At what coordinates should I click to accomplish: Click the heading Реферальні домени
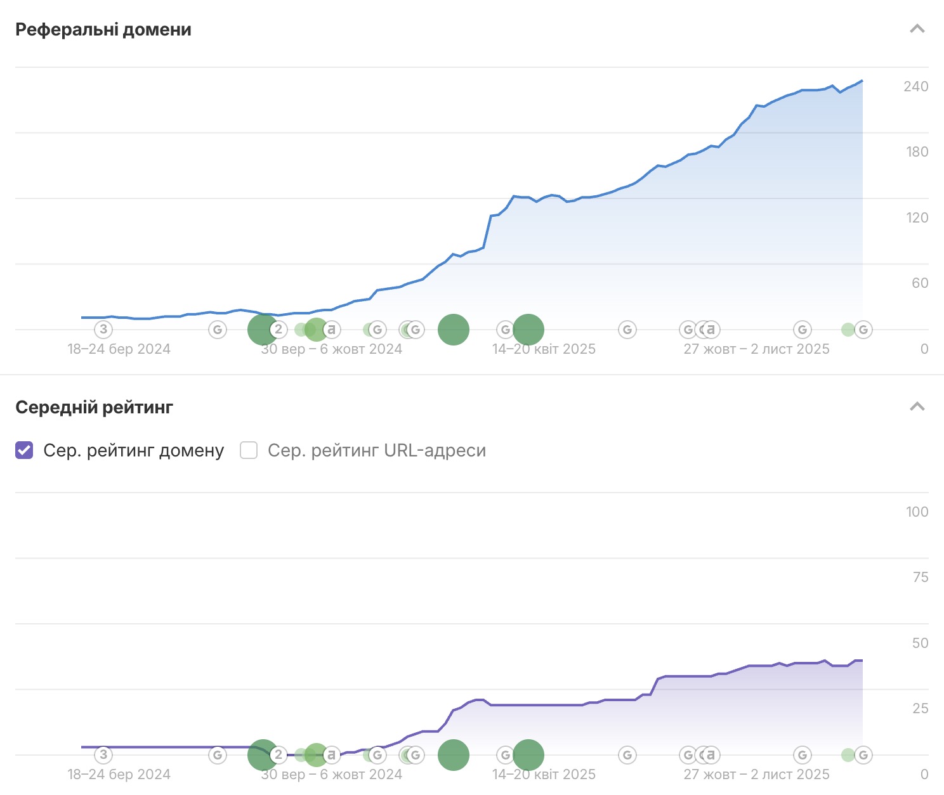pos(103,30)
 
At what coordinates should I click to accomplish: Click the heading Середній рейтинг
pos(94,407)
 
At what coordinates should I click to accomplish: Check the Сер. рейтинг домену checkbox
pos(24,450)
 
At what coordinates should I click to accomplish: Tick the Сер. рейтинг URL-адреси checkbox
pos(249,450)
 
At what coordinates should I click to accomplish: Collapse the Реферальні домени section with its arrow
pos(917,29)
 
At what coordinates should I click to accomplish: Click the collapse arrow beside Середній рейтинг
pos(917,407)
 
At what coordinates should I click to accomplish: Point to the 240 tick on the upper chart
pos(915,86)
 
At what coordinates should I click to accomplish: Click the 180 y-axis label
pos(917,152)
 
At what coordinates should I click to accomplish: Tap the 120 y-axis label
pos(917,217)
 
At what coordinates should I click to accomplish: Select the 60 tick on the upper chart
pos(920,283)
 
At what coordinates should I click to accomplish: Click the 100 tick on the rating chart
pos(917,512)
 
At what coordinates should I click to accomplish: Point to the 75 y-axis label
pos(920,577)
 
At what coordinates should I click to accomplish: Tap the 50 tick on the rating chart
pos(920,643)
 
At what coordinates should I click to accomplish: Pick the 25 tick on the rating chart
pos(920,708)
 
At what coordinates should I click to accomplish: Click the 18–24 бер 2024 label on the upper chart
pos(119,349)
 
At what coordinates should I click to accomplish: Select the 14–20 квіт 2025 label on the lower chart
pos(544,774)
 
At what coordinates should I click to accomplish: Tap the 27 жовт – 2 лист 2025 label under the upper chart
pos(756,349)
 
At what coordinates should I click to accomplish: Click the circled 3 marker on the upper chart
pos(103,330)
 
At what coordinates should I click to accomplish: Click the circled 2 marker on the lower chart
pos(278,755)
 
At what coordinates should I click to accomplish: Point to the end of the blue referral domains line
pos(862,81)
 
